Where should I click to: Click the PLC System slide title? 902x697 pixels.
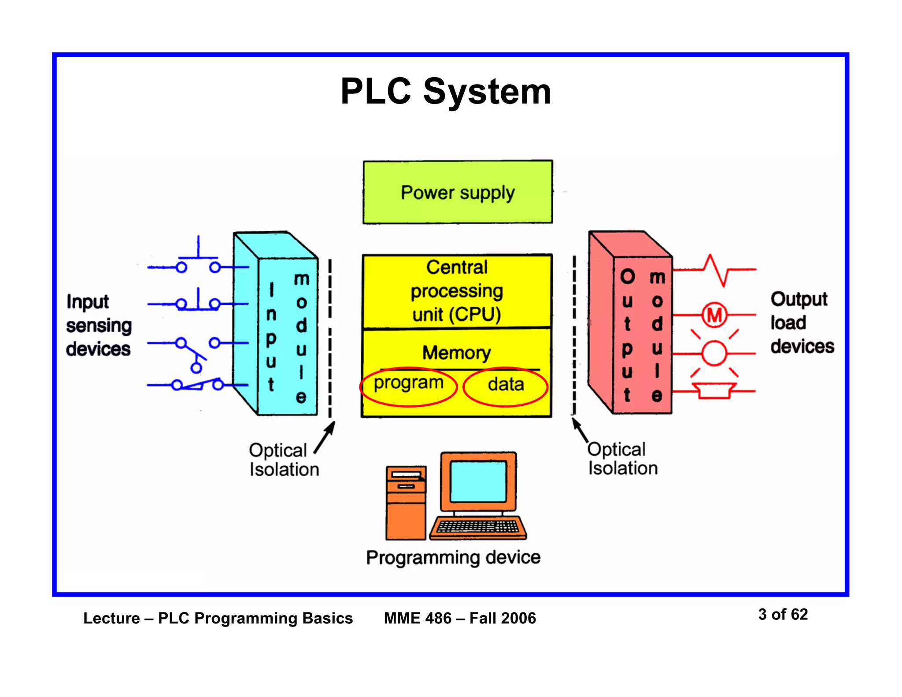[x=445, y=91]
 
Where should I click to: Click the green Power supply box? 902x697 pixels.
[x=457, y=193]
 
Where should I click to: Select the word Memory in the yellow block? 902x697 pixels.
[x=456, y=352]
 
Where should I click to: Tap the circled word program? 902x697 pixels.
[x=408, y=383]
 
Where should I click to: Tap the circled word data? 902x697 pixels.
[x=506, y=385]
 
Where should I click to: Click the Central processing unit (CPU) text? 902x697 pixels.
[x=457, y=291]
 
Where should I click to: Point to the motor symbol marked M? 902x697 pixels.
[x=714, y=315]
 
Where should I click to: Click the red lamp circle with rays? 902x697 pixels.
[x=713, y=353]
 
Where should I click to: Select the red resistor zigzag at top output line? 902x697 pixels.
[x=716, y=270]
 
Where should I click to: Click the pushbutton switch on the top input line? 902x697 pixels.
[x=198, y=260]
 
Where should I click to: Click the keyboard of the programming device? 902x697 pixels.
[x=478, y=527]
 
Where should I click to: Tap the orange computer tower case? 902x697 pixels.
[x=406, y=503]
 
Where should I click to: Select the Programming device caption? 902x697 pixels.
[x=453, y=557]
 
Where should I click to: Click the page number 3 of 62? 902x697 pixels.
[x=783, y=614]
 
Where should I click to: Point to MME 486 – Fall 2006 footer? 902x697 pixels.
[x=460, y=618]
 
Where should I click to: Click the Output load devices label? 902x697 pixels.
[x=802, y=323]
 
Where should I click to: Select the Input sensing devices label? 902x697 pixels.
[x=99, y=325]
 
